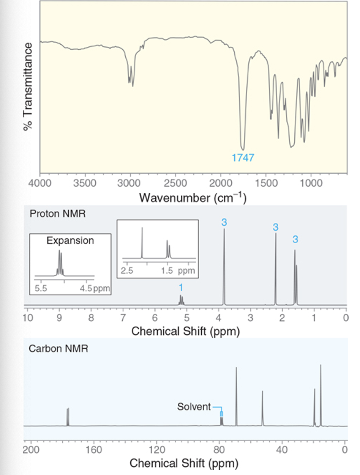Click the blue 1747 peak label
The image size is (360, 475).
click(x=243, y=158)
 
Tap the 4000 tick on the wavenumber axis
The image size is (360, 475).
click(x=39, y=183)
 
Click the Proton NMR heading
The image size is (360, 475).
click(x=57, y=214)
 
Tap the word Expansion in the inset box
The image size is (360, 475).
click(x=70, y=241)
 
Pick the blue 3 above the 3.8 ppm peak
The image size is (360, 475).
click(x=224, y=222)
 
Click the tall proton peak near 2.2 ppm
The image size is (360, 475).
click(x=275, y=266)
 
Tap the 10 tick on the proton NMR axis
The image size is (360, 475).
click(x=27, y=317)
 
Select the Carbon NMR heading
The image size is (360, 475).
click(x=58, y=349)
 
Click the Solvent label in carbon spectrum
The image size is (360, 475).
click(x=194, y=407)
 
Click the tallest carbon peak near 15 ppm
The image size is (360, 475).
click(x=321, y=395)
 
